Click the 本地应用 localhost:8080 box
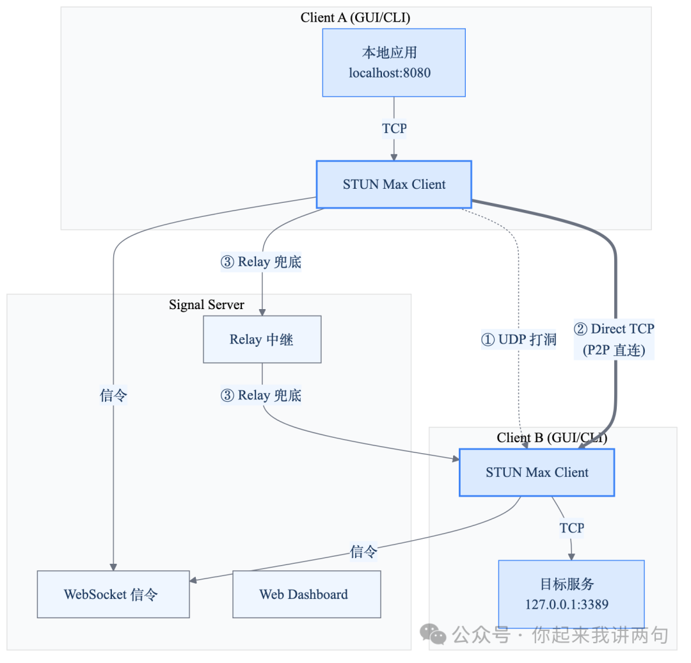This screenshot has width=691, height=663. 393,63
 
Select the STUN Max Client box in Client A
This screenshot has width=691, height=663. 393,184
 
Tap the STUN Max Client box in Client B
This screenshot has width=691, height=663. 537,472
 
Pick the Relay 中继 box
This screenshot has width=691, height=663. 262,339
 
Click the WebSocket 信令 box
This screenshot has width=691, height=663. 113,595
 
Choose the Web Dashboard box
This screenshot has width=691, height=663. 306,595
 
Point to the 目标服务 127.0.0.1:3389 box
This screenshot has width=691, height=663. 571,594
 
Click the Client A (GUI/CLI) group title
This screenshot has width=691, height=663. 355,17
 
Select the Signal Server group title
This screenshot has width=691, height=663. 206,305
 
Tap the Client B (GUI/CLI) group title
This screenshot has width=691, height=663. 552,438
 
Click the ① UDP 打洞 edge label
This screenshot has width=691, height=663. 518,339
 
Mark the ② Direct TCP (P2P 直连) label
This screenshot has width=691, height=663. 614,339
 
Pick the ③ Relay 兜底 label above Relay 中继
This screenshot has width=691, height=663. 260,262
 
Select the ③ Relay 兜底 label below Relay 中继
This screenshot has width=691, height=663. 260,395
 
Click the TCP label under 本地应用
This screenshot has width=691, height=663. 394,129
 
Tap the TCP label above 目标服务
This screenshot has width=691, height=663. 571,528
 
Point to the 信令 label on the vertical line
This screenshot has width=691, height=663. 113,395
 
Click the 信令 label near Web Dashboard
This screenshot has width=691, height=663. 363,551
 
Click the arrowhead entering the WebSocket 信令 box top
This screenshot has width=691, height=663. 113,566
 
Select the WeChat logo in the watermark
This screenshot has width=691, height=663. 437,635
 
